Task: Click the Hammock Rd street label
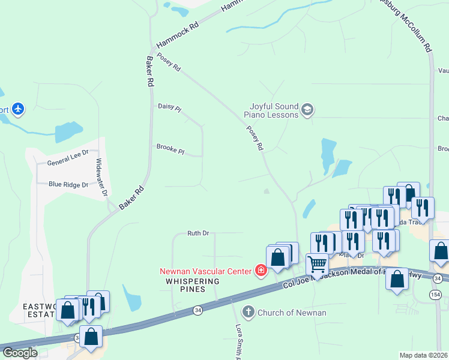[177, 36]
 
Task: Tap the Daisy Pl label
[169, 107]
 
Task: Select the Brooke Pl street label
[170, 148]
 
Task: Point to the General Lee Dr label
[68, 163]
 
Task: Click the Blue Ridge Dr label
[68, 185]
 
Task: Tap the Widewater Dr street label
[101, 178]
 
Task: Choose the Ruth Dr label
[197, 233]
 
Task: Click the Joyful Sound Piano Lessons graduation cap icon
[308, 110]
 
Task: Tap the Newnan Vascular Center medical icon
[261, 271]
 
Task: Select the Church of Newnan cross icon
[249, 312]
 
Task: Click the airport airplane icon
[19, 109]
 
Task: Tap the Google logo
[19, 353]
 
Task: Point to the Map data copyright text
[423, 355]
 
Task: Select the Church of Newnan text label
[292, 313]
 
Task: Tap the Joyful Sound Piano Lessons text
[270, 110]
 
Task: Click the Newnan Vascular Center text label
[205, 271]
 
